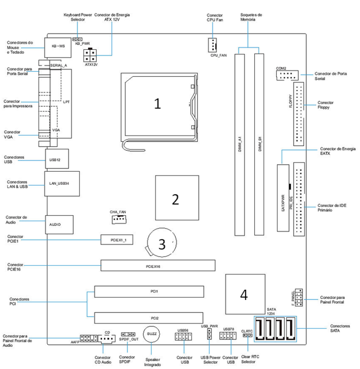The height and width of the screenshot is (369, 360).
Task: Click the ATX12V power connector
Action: click(x=89, y=55)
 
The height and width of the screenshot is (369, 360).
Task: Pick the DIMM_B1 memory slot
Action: click(x=259, y=143)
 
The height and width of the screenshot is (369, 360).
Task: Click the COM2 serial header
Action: click(x=287, y=75)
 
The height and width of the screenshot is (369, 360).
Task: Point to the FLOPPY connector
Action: click(x=300, y=113)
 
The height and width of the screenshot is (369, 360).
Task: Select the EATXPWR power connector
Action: click(x=283, y=198)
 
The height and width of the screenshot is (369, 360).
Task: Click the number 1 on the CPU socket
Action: click(x=157, y=103)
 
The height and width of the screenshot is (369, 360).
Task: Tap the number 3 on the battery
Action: click(x=161, y=243)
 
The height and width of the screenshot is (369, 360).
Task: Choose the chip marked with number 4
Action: click(x=244, y=294)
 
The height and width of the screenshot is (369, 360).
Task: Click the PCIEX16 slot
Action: click(x=158, y=266)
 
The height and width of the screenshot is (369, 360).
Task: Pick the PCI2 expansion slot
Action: click(x=148, y=318)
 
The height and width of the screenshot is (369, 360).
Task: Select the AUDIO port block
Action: click(x=59, y=224)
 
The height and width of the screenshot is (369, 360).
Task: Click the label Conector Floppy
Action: click(x=325, y=105)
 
